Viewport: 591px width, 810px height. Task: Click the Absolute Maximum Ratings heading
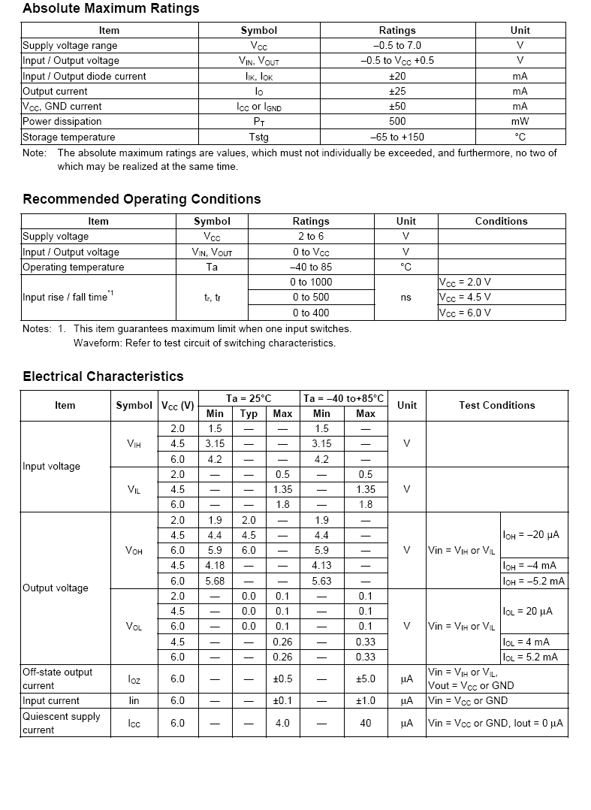tap(111, 9)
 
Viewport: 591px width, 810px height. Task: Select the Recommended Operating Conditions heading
tap(142, 199)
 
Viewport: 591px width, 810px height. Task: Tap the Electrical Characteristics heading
tap(103, 376)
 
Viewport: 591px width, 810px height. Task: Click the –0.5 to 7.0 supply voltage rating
tap(397, 46)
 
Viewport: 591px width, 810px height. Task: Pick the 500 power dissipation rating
tap(397, 122)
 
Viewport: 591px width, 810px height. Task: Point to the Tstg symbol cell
tap(258, 138)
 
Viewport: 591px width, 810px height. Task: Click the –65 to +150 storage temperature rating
tap(397, 138)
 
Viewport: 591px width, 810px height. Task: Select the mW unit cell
tap(520, 122)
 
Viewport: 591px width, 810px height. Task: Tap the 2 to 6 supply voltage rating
tap(310, 237)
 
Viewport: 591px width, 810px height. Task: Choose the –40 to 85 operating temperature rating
tap(310, 267)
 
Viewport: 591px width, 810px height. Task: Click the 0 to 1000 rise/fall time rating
tap(310, 283)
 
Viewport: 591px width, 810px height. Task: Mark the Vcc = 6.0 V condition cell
tap(466, 313)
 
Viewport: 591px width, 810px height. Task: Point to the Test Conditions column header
tap(497, 406)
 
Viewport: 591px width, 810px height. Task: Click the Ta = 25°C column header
tap(249, 398)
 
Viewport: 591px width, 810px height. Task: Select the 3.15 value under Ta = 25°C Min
tap(215, 444)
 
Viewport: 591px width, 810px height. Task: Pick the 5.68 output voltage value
tap(215, 581)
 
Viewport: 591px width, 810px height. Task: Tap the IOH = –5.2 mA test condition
tap(534, 581)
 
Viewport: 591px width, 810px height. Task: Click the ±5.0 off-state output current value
tap(365, 679)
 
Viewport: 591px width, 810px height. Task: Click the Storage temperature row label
tap(69, 138)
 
